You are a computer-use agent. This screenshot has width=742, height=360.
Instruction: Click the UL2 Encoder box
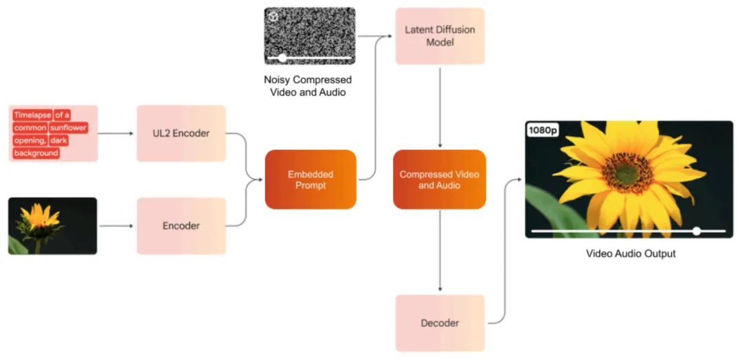181,133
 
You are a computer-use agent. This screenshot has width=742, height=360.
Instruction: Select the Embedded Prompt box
311,179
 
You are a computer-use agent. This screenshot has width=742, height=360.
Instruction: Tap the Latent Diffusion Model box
440,36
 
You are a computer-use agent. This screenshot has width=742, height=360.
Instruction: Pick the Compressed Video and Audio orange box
440,179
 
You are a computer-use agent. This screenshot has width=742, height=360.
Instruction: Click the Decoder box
440,323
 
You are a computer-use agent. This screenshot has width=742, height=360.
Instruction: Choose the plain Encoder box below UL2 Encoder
181,226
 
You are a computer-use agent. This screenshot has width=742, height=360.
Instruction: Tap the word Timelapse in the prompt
33,115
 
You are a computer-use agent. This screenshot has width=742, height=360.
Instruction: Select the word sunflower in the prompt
69,128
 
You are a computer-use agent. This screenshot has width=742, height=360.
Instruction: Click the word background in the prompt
36,153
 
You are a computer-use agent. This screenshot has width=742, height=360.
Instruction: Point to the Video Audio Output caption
631,254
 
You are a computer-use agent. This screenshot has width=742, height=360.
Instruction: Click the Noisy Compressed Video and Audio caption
308,86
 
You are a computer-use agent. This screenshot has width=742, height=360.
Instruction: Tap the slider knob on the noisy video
282,58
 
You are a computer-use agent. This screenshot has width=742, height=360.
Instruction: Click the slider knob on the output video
697,231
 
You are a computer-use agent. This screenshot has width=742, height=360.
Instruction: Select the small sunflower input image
52,226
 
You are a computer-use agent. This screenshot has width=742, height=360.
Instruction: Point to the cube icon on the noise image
273,16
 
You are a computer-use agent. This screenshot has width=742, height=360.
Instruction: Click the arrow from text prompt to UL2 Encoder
116,133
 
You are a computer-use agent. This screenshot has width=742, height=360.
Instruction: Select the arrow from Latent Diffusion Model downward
440,108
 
